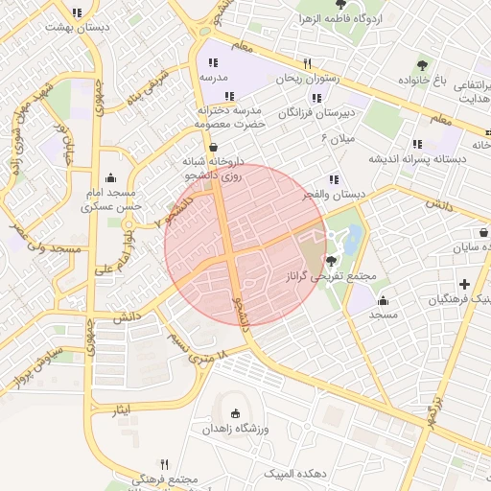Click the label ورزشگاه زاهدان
point(236,429)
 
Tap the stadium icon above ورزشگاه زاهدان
point(236,412)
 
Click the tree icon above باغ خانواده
point(422,65)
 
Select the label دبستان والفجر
point(335,195)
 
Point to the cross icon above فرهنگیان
point(465,284)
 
